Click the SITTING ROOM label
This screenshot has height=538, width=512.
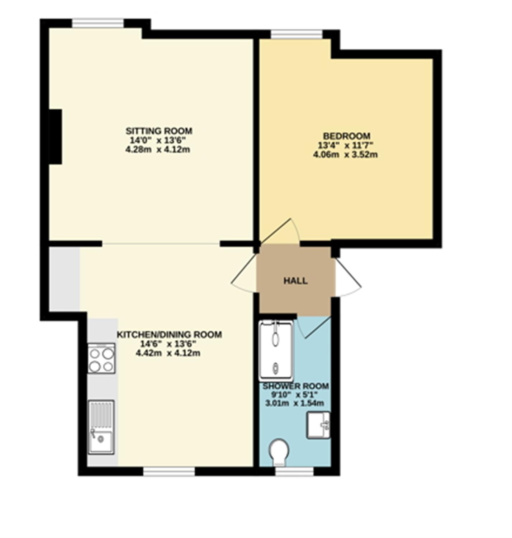point(159,131)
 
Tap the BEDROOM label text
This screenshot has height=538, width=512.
point(346,136)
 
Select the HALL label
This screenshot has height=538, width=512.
point(295,281)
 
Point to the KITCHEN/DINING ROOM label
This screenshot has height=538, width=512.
point(169,334)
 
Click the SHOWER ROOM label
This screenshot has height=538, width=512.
point(295,386)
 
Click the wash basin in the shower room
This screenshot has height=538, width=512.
point(318,425)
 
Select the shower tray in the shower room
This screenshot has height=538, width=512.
point(276,350)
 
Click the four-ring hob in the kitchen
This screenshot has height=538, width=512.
point(101,358)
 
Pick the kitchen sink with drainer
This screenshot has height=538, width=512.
point(101,427)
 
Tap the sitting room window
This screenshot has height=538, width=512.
point(98,23)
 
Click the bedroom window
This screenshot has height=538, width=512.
point(297,34)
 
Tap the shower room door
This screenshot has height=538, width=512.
point(314,327)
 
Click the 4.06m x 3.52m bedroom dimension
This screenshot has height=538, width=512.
point(345,155)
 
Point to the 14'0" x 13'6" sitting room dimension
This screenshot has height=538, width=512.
point(158,140)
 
